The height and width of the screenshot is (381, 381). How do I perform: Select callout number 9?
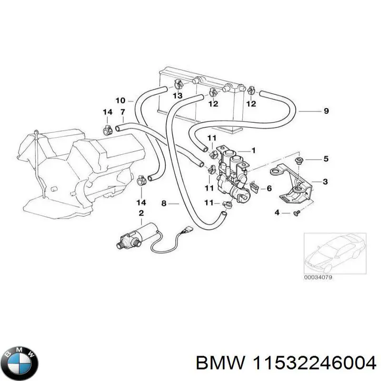pyautogui.click(x=326, y=111)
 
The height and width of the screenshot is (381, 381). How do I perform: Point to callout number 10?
pyautogui.click(x=120, y=100)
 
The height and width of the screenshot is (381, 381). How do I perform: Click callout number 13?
pyautogui.click(x=177, y=96)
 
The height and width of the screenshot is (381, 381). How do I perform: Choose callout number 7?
pyautogui.click(x=122, y=112)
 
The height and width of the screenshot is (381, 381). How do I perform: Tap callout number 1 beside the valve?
pyautogui.click(x=254, y=150)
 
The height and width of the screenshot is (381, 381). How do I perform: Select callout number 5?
pyautogui.click(x=326, y=159)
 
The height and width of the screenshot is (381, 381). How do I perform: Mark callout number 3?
pyautogui.click(x=325, y=181)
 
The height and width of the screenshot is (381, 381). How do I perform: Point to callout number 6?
pyautogui.click(x=269, y=189)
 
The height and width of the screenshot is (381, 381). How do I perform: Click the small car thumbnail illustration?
pyautogui.click(x=334, y=253)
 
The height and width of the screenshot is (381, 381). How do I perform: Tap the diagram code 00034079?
pyautogui.click(x=319, y=278)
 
